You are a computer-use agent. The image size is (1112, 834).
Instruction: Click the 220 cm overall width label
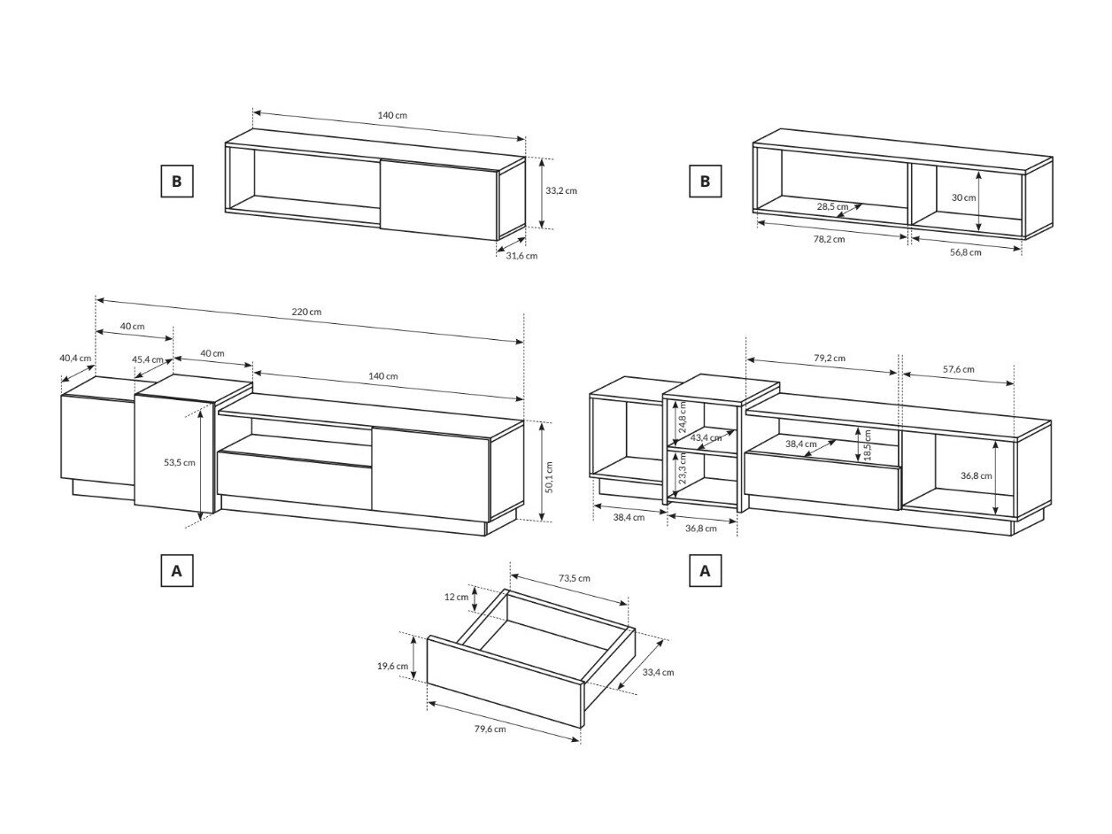pos(306,312)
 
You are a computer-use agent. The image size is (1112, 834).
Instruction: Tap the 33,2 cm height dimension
pos(560,190)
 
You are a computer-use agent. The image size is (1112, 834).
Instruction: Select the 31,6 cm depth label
pos(521,256)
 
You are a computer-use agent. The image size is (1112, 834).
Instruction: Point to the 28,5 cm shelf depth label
pos(832,206)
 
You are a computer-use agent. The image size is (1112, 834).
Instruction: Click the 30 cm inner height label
pos(963,197)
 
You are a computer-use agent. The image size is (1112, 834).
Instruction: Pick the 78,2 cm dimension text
pos(829,239)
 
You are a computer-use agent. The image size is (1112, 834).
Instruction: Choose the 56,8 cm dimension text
pos(965,252)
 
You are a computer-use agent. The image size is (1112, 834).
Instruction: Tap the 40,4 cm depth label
pos(75,358)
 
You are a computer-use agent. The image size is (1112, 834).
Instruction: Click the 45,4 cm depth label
pos(148,359)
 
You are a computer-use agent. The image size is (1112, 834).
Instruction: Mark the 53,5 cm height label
pos(180,462)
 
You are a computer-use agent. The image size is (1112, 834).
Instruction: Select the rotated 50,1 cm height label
pos(550,476)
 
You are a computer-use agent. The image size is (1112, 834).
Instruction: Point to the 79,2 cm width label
pos(830,358)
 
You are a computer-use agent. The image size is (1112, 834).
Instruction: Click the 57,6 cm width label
pos(958,369)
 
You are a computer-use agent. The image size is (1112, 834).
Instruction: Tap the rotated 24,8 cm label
pos(683,417)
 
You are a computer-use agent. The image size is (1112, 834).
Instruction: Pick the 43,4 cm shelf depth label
pos(706,437)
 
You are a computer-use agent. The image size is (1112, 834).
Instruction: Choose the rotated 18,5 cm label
pos(867,445)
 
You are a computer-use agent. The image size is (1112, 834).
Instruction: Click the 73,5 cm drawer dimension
pos(574,578)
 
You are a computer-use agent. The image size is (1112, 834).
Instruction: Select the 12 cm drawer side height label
pos(456,597)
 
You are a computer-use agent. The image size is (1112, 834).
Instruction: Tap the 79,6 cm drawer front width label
pos(490,729)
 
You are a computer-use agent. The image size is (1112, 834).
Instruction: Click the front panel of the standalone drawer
pos(505,682)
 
